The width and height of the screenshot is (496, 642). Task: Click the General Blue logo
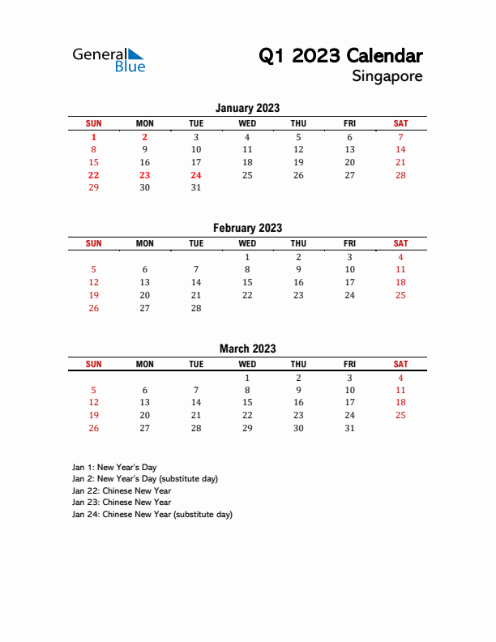[109, 60]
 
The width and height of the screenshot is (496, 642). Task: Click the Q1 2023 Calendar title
[340, 56]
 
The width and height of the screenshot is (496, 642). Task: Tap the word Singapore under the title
[387, 76]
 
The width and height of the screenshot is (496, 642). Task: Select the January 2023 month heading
[247, 108]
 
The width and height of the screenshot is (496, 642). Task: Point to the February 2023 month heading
[247, 229]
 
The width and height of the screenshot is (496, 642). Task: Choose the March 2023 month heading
[247, 349]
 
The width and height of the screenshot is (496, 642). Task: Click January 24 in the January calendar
[196, 175]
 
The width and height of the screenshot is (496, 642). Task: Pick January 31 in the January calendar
[196, 187]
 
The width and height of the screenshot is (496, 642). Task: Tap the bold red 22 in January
[93, 175]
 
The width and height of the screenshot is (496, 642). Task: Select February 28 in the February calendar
[196, 308]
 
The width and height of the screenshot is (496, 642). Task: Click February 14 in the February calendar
[196, 282]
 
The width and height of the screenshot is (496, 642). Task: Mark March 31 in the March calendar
[349, 428]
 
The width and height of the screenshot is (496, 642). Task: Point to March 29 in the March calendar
[247, 428]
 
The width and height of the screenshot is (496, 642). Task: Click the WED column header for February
[247, 243]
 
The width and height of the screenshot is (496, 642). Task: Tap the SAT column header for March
[400, 364]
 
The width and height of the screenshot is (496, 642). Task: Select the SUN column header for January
[93, 123]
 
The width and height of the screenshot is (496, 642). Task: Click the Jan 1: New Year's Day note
[114, 467]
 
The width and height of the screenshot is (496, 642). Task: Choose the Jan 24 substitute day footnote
[152, 514]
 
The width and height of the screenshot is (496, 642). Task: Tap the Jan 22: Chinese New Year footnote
[121, 490]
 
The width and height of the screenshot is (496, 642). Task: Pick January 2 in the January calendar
[145, 138]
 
